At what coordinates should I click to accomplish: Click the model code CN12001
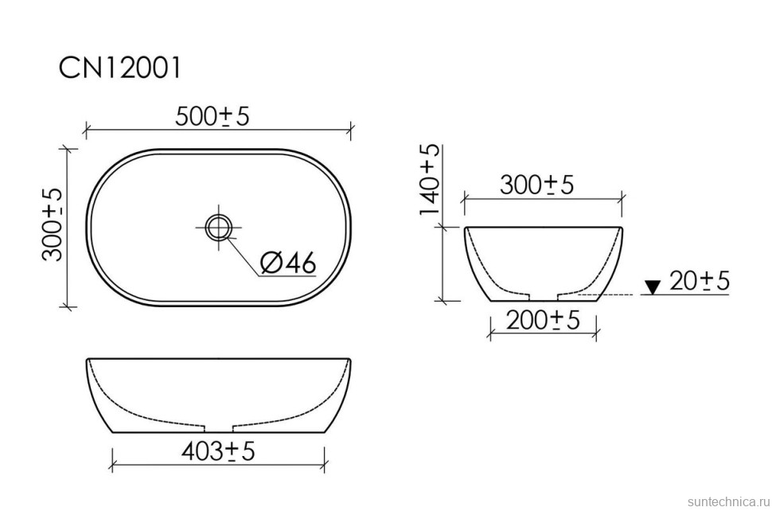pos(120,68)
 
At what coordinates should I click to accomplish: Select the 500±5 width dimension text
pos(212,116)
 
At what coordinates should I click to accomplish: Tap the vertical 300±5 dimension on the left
pos(52,225)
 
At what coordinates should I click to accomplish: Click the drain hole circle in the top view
pos(217,227)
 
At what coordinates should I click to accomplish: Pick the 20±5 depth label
pos(700,281)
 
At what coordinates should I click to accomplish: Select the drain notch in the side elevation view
pos(543,297)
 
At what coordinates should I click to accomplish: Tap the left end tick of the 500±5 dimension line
pos(86,127)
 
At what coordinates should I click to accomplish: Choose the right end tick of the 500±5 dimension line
pos(350,127)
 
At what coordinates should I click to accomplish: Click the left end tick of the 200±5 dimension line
pos(489,334)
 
